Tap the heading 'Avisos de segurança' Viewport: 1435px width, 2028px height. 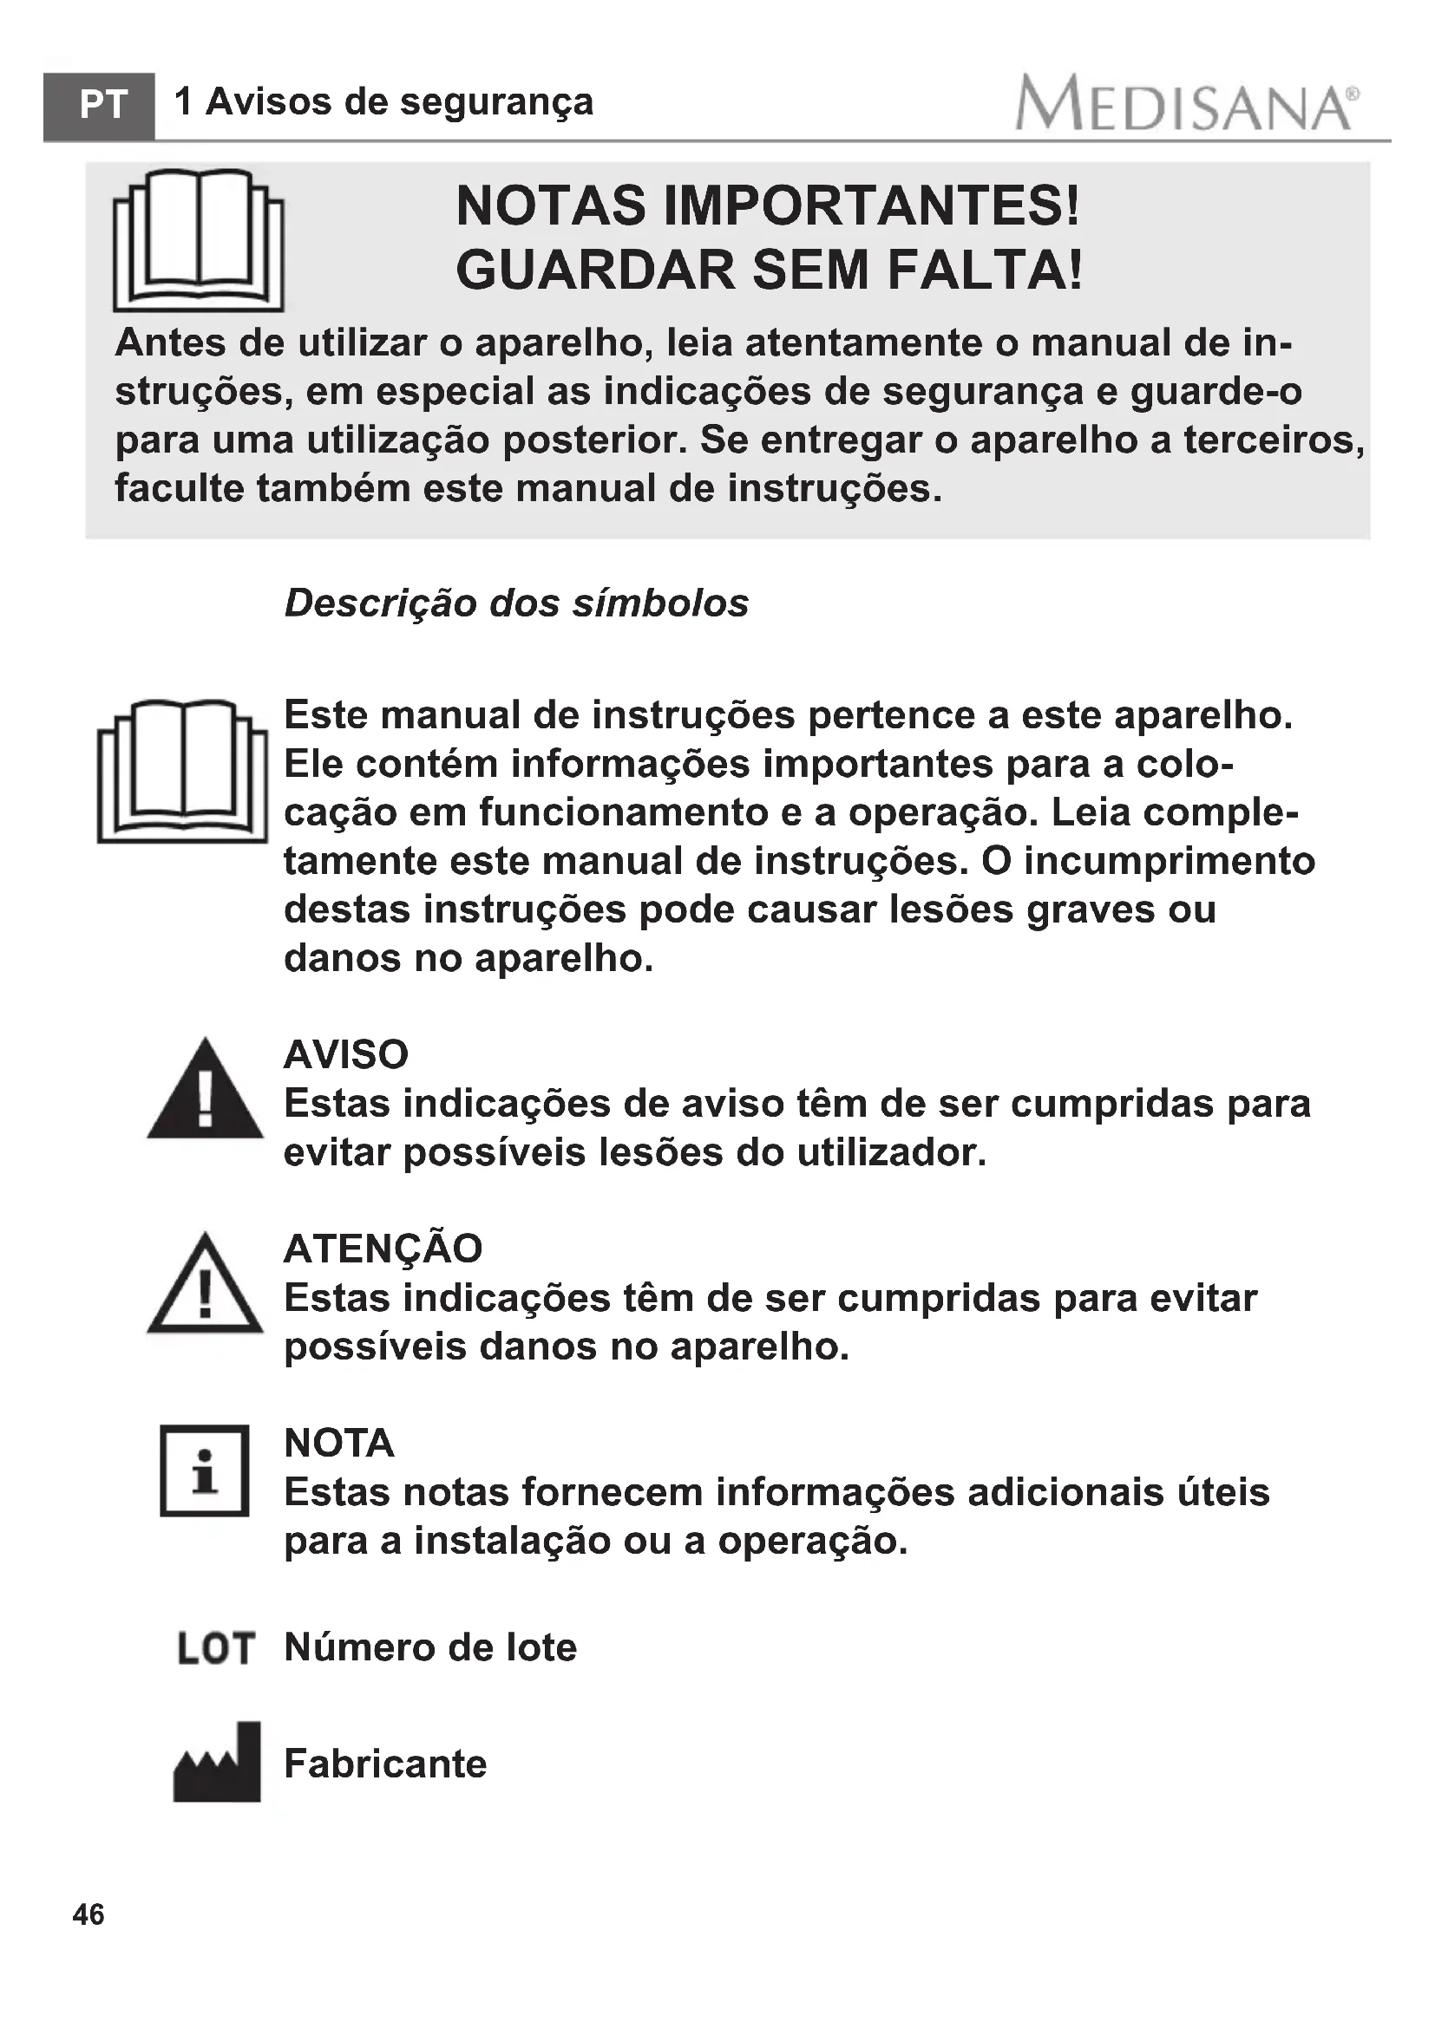(x=398, y=101)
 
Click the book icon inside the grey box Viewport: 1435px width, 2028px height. (x=199, y=240)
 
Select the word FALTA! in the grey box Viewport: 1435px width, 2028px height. (x=985, y=270)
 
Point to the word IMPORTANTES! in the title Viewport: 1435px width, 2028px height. (x=870, y=205)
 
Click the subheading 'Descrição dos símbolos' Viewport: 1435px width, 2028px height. (x=516, y=603)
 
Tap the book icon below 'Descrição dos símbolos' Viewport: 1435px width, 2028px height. (x=182, y=770)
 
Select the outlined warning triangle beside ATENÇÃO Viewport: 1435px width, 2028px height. (x=205, y=1286)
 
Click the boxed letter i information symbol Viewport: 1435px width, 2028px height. (x=204, y=1470)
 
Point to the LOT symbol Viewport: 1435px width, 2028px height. (x=216, y=1648)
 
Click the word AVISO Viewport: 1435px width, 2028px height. (x=345, y=1053)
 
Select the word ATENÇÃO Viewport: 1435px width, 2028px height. (x=383, y=1248)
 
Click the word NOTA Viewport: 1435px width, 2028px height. (x=338, y=1444)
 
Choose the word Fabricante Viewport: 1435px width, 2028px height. (x=385, y=1764)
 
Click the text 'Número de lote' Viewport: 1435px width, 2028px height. (x=430, y=1647)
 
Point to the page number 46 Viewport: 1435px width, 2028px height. (x=88, y=1914)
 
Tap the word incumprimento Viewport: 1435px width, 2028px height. (x=1170, y=860)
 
